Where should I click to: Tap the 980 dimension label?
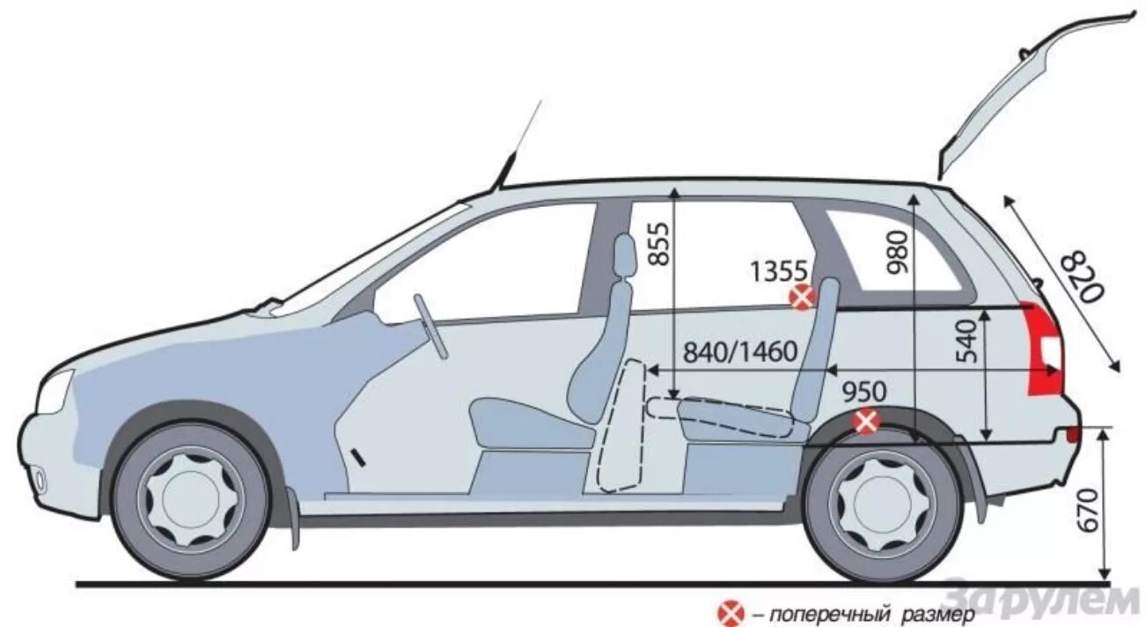pyautogui.click(x=898, y=251)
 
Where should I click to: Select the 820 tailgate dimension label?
pyautogui.click(x=1080, y=276)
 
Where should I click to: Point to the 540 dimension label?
pyautogui.click(x=966, y=342)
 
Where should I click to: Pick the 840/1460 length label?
pyautogui.click(x=740, y=352)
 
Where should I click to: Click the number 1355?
pyautogui.click(x=779, y=271)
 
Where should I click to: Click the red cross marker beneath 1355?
pyautogui.click(x=802, y=298)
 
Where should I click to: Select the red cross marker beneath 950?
pyautogui.click(x=867, y=422)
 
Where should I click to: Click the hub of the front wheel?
pyautogui.click(x=191, y=502)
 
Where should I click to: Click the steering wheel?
pyautogui.click(x=431, y=326)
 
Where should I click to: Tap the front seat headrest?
pyautogui.click(x=624, y=256)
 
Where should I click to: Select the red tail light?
pyautogui.click(x=1044, y=349)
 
